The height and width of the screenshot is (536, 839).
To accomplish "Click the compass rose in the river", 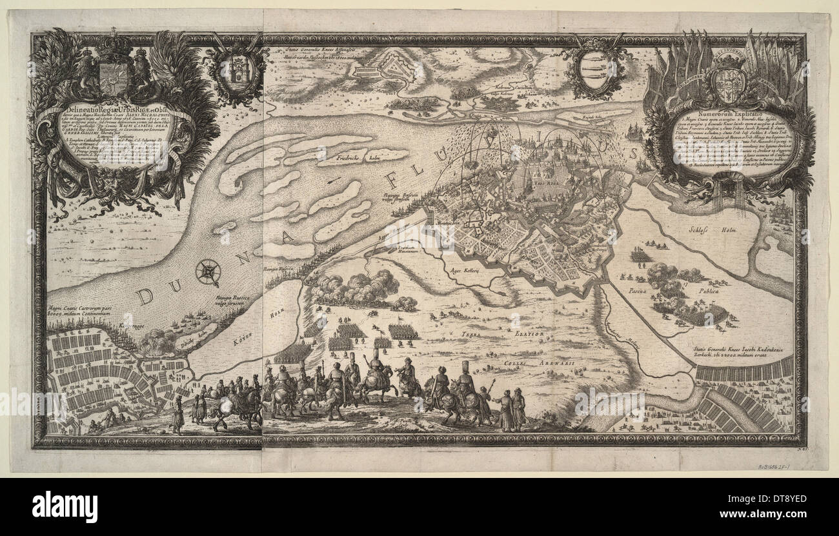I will point(208,272).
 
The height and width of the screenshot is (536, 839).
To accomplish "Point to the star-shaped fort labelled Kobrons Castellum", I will point(394,65).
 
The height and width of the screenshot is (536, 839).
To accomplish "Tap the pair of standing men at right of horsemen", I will point(510,410).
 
